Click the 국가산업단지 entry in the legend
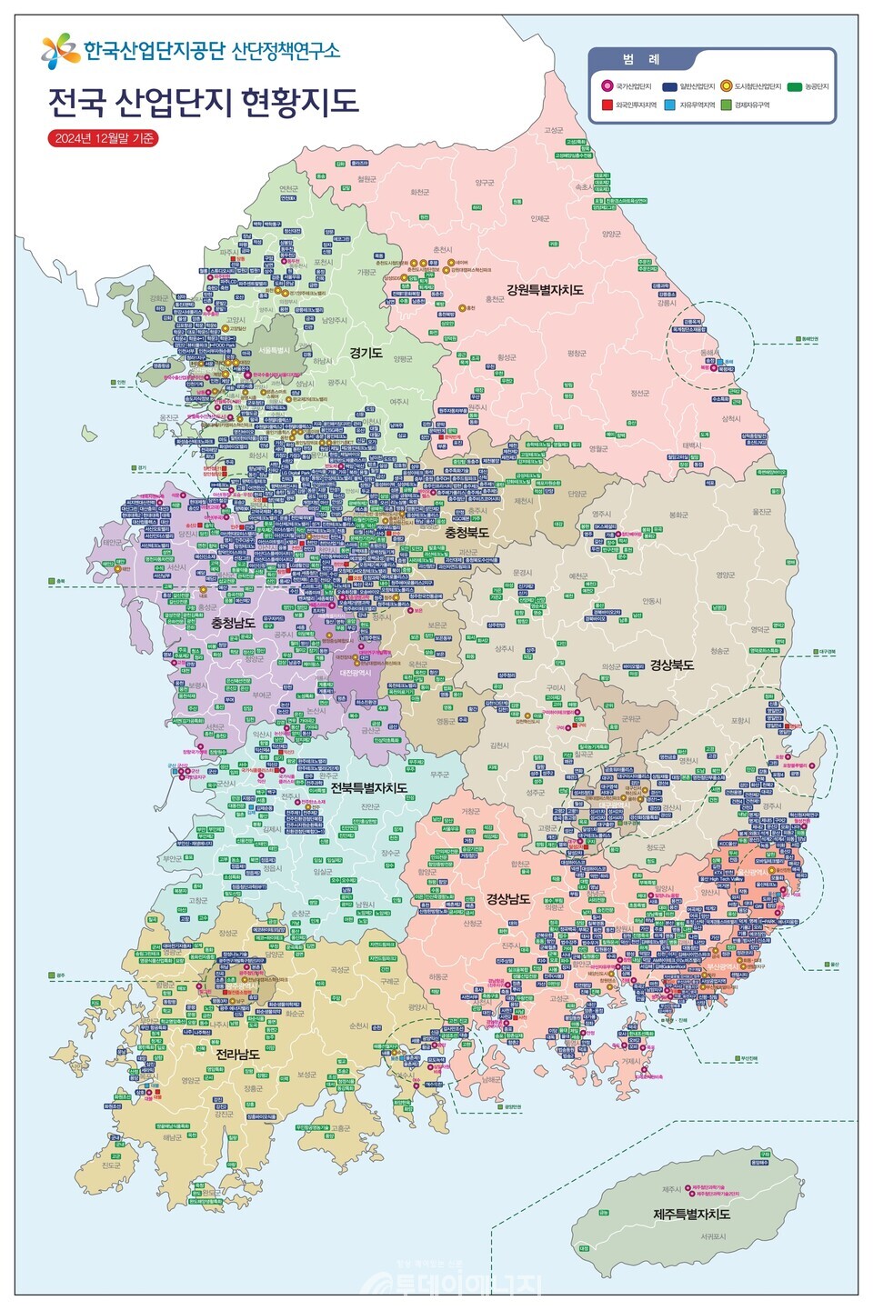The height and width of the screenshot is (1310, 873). (632, 86)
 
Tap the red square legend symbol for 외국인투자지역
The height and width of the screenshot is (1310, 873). (607, 105)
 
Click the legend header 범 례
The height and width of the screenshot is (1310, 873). (641, 59)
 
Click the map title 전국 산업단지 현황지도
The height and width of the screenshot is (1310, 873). (203, 100)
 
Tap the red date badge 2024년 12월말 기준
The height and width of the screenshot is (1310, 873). (103, 138)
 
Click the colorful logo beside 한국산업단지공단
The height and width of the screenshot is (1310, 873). (60, 51)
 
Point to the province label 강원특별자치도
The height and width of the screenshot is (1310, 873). (545, 290)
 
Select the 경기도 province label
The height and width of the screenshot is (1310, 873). (366, 353)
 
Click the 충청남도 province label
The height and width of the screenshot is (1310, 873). (233, 623)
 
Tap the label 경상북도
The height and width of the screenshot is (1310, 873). (671, 665)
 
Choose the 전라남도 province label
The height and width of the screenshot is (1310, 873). (237, 1054)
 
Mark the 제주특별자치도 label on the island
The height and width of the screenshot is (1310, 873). (691, 1214)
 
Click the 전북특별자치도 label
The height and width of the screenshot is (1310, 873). (368, 787)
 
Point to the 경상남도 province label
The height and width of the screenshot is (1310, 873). (508, 898)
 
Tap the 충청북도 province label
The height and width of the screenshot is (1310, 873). (466, 533)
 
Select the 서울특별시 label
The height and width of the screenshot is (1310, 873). (274, 350)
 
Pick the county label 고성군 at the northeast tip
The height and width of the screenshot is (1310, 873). (553, 130)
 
